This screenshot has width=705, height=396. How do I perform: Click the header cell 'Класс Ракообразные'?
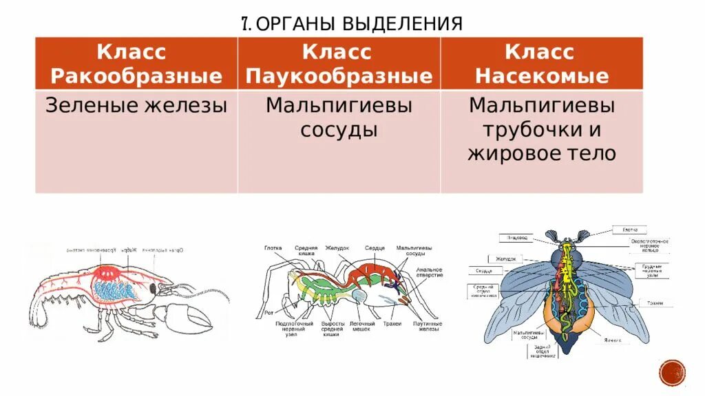pos(136,64)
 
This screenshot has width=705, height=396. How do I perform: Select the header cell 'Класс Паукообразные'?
pos(339,64)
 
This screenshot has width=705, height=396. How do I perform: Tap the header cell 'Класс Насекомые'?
pos(541,64)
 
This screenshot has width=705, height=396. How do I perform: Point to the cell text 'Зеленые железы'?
pos(136,106)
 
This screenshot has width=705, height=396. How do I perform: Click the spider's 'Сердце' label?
pos(375,247)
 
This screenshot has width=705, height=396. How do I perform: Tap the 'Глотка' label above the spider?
pos(273,247)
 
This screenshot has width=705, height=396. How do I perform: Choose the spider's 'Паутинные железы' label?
pos(426,326)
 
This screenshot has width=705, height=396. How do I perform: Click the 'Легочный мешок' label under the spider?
pos(362,326)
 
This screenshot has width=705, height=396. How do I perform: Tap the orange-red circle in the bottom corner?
pos(672,373)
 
